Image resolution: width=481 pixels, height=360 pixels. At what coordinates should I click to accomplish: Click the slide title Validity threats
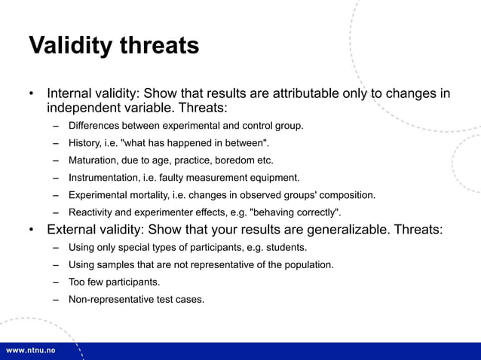(114, 46)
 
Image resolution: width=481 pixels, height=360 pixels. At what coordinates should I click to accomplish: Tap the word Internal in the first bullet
(72, 94)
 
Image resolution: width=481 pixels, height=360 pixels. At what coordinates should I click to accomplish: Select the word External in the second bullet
(74, 230)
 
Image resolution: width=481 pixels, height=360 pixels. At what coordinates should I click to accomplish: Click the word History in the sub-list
(85, 143)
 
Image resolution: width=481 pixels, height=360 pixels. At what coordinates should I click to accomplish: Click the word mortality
(146, 195)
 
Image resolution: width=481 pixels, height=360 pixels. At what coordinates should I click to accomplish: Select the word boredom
(234, 160)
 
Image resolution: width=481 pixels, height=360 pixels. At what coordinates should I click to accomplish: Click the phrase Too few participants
(114, 282)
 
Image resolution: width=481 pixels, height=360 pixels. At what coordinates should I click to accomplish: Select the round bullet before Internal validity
(32, 95)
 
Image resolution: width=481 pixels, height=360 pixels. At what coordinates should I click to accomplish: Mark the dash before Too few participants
(57, 282)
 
